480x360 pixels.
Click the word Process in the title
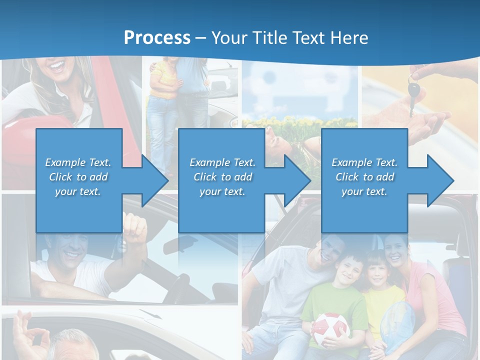[157, 37]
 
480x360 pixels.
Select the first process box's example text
[78, 176]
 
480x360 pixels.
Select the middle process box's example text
[222, 176]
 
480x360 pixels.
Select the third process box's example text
[364, 176]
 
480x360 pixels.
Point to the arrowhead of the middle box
[297, 180]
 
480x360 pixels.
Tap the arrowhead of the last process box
[440, 180]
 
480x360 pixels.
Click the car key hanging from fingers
[414, 92]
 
